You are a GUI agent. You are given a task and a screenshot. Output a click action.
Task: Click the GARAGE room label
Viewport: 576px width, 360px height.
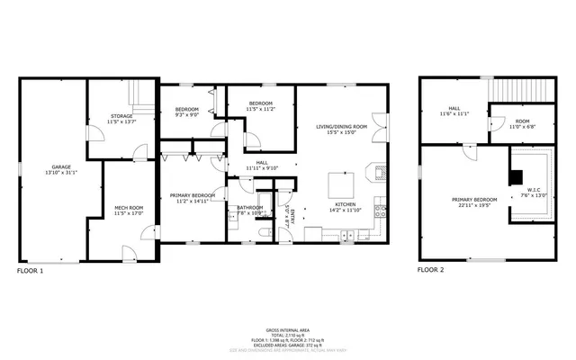(x=61, y=166)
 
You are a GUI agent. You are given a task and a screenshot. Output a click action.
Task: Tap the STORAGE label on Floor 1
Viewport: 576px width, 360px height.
(x=121, y=116)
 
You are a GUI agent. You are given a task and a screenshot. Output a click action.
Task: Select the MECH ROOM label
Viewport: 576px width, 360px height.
(x=129, y=208)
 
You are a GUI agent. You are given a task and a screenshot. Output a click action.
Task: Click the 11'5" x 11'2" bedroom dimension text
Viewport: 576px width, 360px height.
(x=261, y=109)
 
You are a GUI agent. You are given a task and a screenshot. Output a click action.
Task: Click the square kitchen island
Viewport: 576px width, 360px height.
(x=341, y=184)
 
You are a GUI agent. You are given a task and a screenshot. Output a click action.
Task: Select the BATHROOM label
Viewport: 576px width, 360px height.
(x=249, y=208)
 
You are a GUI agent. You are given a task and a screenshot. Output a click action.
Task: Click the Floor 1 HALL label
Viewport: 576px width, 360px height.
(x=262, y=162)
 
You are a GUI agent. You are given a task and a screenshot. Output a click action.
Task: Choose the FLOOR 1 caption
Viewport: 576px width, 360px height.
(x=30, y=270)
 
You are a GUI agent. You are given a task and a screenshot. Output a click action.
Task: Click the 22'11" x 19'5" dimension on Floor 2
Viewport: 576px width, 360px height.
(x=474, y=204)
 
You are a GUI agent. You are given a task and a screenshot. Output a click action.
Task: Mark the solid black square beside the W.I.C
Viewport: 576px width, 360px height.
(x=516, y=176)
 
